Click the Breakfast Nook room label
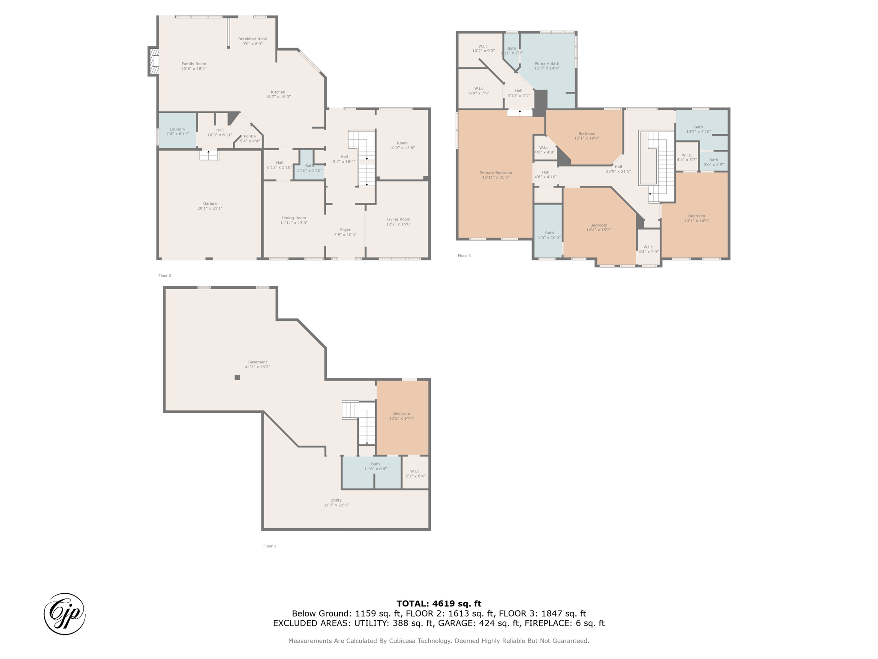(253, 39)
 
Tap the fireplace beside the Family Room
(153, 61)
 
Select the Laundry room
(177, 130)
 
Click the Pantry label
(250, 136)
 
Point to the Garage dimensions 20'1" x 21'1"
(210, 209)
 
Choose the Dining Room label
(294, 218)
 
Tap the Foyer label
(345, 230)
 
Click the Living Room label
(399, 219)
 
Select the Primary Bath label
(547, 63)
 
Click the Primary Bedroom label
(496, 172)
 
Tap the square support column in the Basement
(238, 378)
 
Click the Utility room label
(336, 500)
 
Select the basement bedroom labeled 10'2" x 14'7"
(403, 417)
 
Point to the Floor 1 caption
(270, 546)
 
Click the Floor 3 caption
(464, 256)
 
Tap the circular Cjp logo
(65, 614)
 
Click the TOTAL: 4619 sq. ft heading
(439, 604)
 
